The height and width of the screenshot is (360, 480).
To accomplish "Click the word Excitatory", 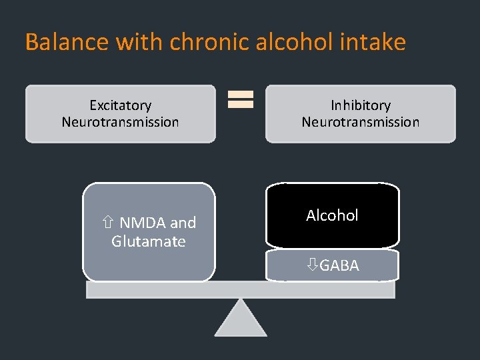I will [121, 105].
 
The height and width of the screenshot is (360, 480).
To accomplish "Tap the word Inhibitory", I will [361, 105].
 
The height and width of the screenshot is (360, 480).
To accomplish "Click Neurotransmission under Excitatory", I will [121, 122].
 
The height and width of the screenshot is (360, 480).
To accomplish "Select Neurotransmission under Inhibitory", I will [361, 122].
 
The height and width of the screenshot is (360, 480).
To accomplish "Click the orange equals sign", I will [241, 100].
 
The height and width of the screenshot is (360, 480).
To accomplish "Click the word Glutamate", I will [149, 241].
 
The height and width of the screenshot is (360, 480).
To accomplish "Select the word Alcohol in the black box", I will [332, 215].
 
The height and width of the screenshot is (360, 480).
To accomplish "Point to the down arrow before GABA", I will [312, 265].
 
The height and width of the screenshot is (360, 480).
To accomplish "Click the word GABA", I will [339, 265].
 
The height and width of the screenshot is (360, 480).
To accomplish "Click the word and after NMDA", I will [183, 223].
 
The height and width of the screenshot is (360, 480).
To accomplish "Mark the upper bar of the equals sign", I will [241, 95].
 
